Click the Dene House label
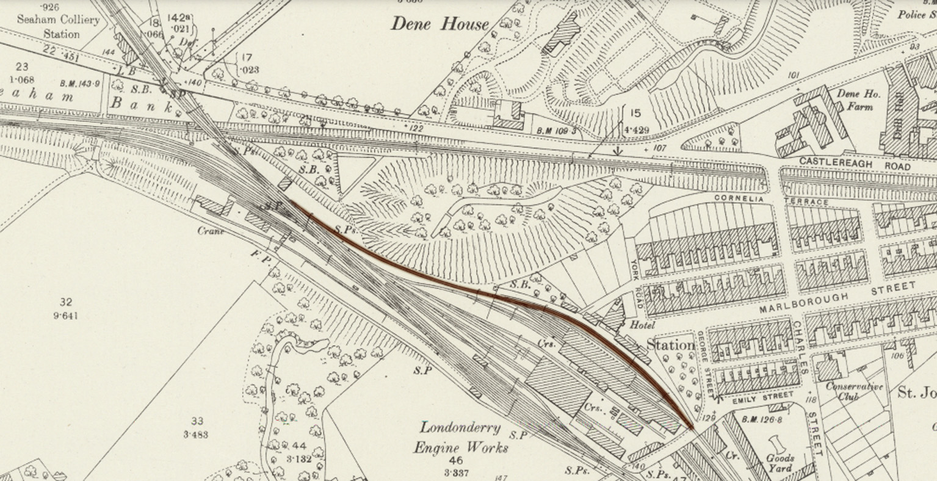point(440,24)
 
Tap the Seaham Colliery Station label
point(59,26)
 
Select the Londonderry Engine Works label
point(461,438)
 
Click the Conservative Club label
point(854,391)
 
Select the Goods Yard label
point(780,463)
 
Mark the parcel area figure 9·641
point(65,316)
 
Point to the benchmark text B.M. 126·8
point(756,419)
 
